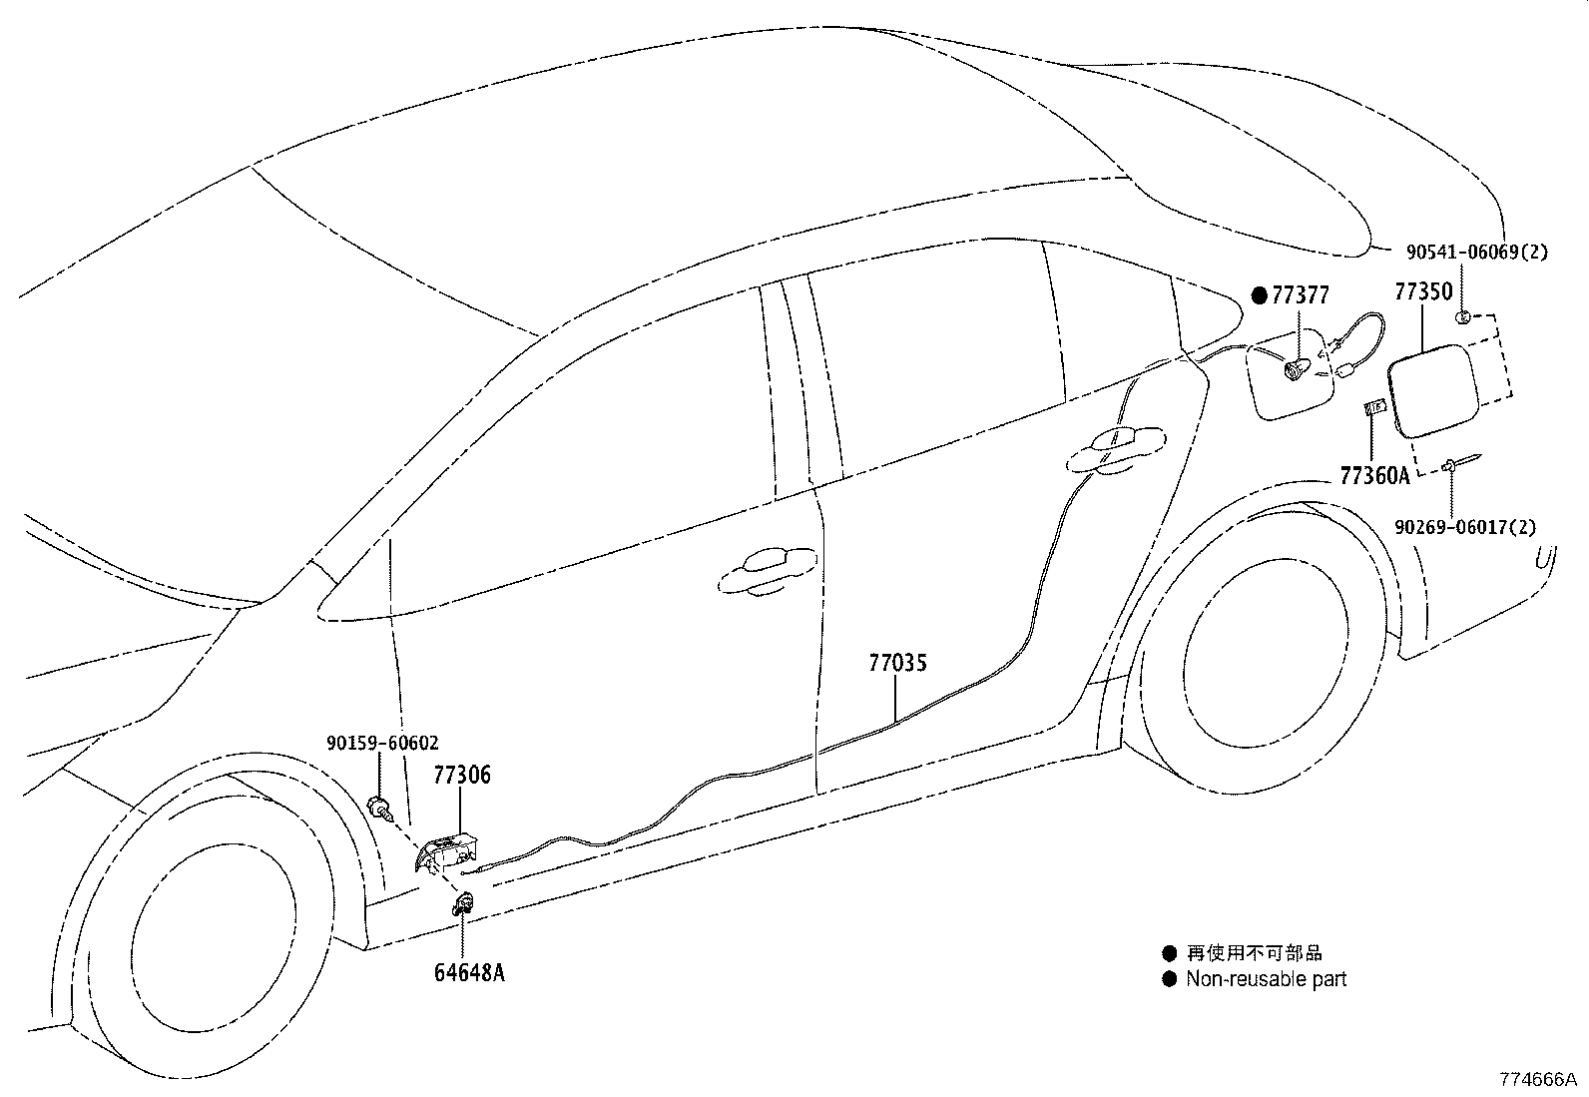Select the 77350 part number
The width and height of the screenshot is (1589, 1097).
(1422, 292)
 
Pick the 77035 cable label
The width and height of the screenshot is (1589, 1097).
(897, 663)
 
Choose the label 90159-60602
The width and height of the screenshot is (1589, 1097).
(382, 744)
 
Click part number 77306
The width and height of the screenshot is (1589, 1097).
(462, 775)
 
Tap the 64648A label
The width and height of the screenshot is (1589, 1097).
(468, 971)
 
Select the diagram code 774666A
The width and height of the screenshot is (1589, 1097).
(1536, 1079)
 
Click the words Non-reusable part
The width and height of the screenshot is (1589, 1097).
(1266, 979)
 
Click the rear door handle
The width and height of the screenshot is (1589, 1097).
(1115, 448)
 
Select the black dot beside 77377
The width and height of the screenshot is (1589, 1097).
(1260, 294)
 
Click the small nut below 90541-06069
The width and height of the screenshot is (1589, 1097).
(1461, 317)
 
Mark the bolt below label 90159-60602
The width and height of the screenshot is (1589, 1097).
(380, 806)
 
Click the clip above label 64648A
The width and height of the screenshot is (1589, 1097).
(462, 906)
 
